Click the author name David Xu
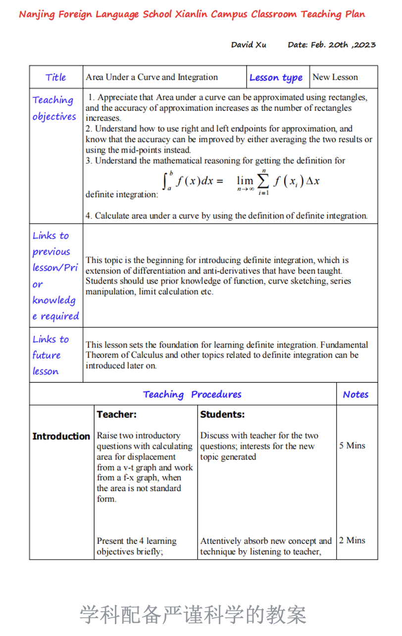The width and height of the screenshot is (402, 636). coord(249,45)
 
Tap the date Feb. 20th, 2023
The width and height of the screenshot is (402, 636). coord(332,45)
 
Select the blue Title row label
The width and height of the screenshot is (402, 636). coord(55,77)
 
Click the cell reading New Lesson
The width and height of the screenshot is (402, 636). coord(335,77)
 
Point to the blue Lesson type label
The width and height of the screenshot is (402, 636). coord(276,78)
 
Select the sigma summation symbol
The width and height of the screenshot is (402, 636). coord(262,182)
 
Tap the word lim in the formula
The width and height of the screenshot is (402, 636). coord(244,181)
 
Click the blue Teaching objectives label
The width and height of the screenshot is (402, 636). coord(54,108)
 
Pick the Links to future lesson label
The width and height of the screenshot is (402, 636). coord(47,355)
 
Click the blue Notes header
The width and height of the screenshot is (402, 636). coord(355,394)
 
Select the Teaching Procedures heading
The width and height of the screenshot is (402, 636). coord(192,394)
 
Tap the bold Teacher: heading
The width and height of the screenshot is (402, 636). coord(117,415)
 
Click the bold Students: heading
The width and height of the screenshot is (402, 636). coord(222,415)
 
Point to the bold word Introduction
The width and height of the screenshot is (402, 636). coord(61,436)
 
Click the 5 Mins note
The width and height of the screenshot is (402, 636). coord(352,446)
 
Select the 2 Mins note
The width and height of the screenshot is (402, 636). coord(352,540)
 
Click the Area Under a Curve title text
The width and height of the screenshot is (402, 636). coord(151,77)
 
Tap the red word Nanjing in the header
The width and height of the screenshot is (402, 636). coord(37,14)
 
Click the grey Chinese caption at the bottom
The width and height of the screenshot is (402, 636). coord(193,615)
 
